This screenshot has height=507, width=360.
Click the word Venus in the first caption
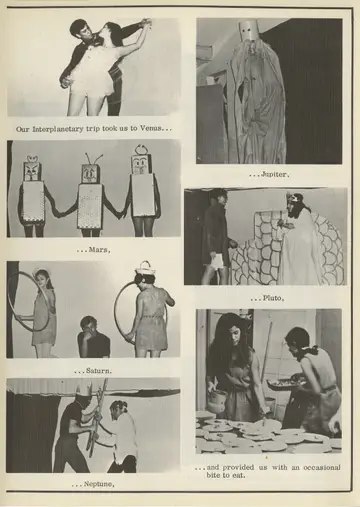coord(150,128)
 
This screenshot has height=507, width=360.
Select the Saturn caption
coord(99,370)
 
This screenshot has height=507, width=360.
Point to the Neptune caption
coord(99,484)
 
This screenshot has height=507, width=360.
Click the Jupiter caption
coord(275,174)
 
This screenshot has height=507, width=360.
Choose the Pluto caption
coord(272,298)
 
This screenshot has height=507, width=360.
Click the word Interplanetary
coord(58,129)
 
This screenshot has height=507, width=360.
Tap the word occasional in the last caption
coord(322,467)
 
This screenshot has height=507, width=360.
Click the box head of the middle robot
coord(91,173)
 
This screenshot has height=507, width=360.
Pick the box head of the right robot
coord(143,164)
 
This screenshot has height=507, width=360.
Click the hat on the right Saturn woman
coord(146,268)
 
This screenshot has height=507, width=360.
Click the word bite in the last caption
coord(214,475)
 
